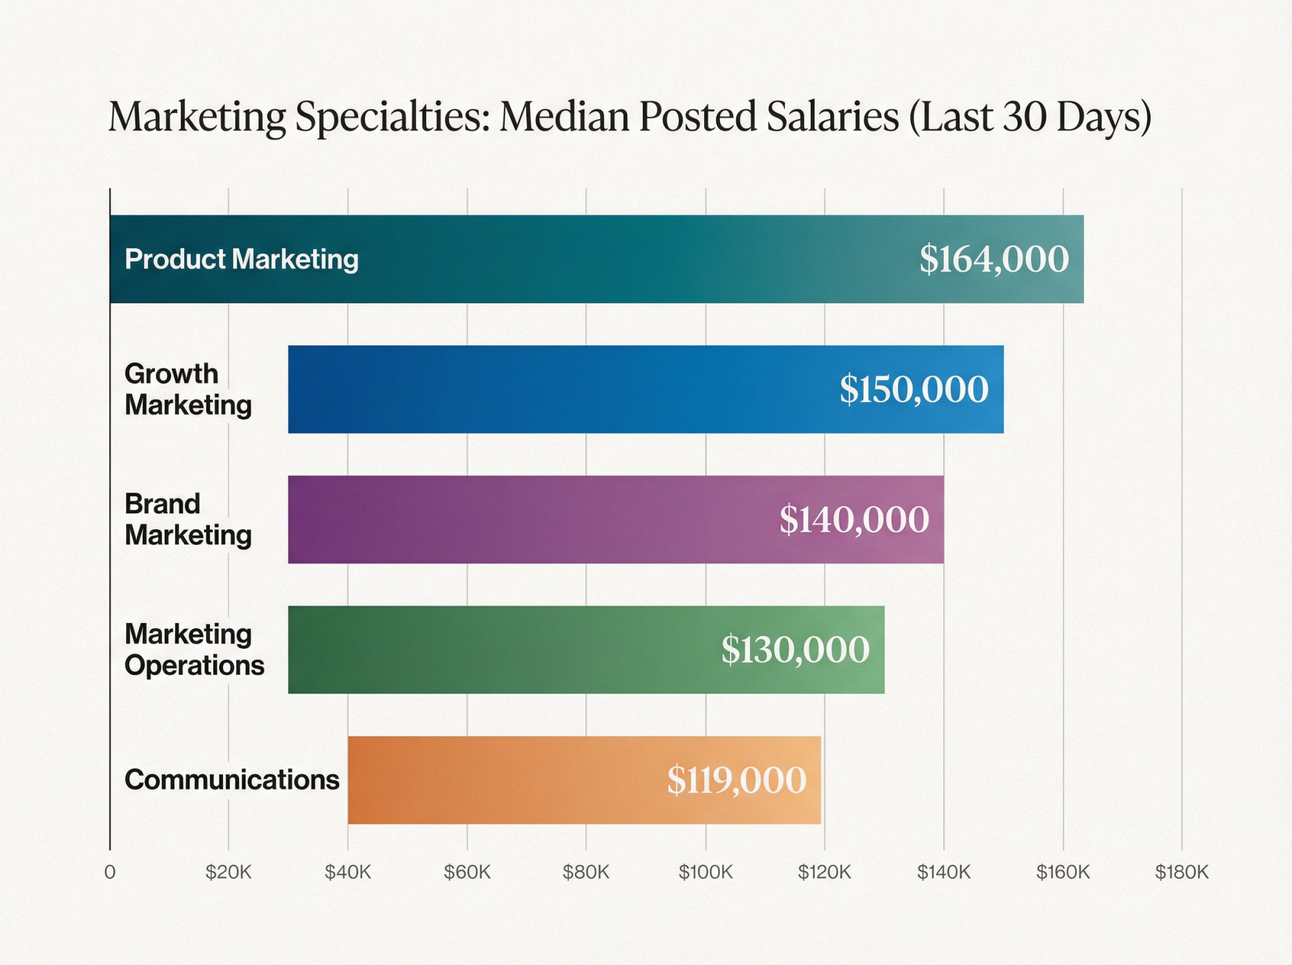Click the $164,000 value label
click(994, 259)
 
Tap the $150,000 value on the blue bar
click(913, 389)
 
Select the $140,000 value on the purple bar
click(854, 519)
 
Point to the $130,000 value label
click(795, 650)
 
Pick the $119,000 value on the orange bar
click(736, 779)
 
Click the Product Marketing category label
click(241, 259)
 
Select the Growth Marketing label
click(188, 389)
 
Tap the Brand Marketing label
click(188, 519)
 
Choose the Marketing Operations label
click(194, 650)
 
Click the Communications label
click(231, 779)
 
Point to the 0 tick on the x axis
click(110, 872)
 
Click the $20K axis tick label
click(228, 872)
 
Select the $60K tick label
click(467, 872)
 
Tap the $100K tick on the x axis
click(705, 872)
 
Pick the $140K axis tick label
click(944, 872)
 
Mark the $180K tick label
click(1182, 872)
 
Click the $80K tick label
click(586, 872)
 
